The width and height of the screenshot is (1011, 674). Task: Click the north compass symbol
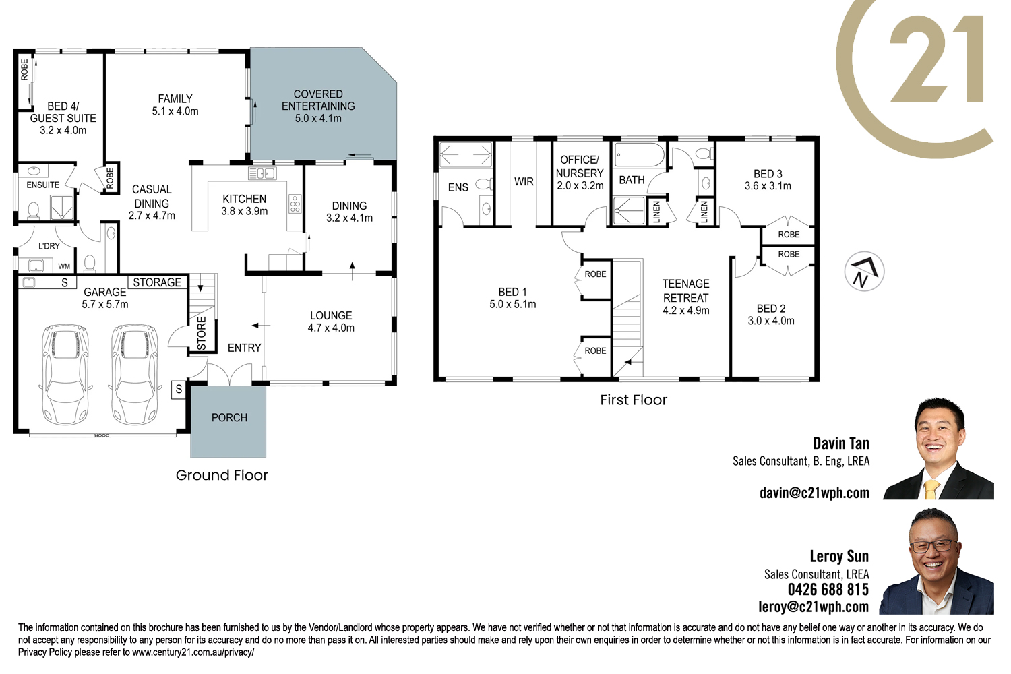(x=864, y=272)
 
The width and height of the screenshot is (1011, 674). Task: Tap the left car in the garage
(x=66, y=374)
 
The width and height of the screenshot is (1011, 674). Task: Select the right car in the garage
(x=135, y=374)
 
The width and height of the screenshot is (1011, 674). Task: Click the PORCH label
(x=229, y=418)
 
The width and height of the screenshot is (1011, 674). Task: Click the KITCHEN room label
(x=244, y=199)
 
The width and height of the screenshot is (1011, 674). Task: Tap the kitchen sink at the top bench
(x=262, y=173)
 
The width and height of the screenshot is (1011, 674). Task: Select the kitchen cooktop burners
(x=295, y=204)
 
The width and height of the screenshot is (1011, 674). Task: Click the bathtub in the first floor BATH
(x=640, y=155)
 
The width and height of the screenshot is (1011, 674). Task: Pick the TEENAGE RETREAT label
(x=685, y=290)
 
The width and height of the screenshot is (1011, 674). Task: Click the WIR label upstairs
(x=524, y=181)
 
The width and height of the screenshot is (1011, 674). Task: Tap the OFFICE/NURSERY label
(x=580, y=166)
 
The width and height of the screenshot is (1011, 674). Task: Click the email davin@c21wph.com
(x=814, y=493)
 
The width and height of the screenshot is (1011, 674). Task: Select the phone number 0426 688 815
(x=828, y=590)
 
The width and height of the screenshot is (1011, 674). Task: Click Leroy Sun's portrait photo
(x=937, y=561)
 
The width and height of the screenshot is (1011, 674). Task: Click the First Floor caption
(x=634, y=400)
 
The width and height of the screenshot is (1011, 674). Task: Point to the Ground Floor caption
(x=222, y=475)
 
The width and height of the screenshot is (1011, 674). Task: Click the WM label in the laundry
(x=64, y=266)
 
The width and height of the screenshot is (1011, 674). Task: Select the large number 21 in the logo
(x=937, y=58)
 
